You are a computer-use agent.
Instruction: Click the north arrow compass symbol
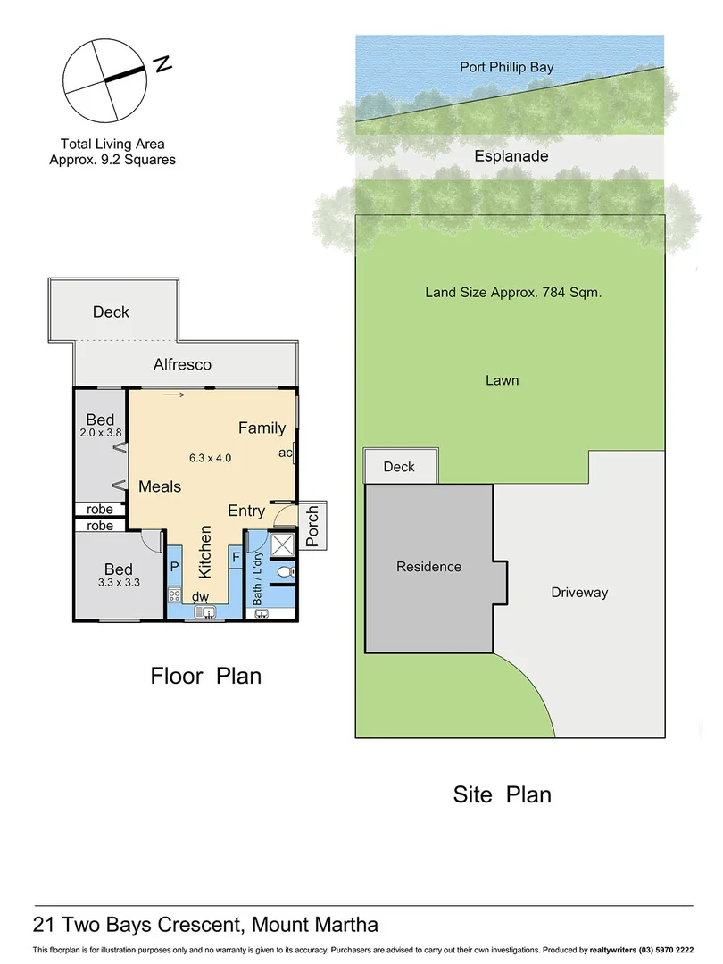(x=104, y=79)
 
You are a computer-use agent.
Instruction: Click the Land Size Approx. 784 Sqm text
(x=511, y=291)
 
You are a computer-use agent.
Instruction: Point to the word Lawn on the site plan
(x=502, y=380)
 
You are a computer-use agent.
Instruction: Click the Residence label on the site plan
(x=428, y=567)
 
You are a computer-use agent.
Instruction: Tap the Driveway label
(x=578, y=592)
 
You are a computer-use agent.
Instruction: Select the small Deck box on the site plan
(x=400, y=466)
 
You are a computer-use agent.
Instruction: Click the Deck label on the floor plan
(x=111, y=312)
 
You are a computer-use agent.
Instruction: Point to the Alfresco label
(x=182, y=364)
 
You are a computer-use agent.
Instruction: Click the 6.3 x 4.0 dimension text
(x=210, y=458)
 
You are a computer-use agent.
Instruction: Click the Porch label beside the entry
(x=312, y=526)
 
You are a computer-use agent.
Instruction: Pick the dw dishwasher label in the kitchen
(x=201, y=597)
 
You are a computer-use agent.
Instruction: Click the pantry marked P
(x=175, y=567)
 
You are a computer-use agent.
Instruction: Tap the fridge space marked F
(x=236, y=558)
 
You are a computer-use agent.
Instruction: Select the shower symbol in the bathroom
(x=281, y=544)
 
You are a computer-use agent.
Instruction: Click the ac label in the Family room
(x=285, y=453)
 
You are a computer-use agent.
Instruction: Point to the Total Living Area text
(x=112, y=143)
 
